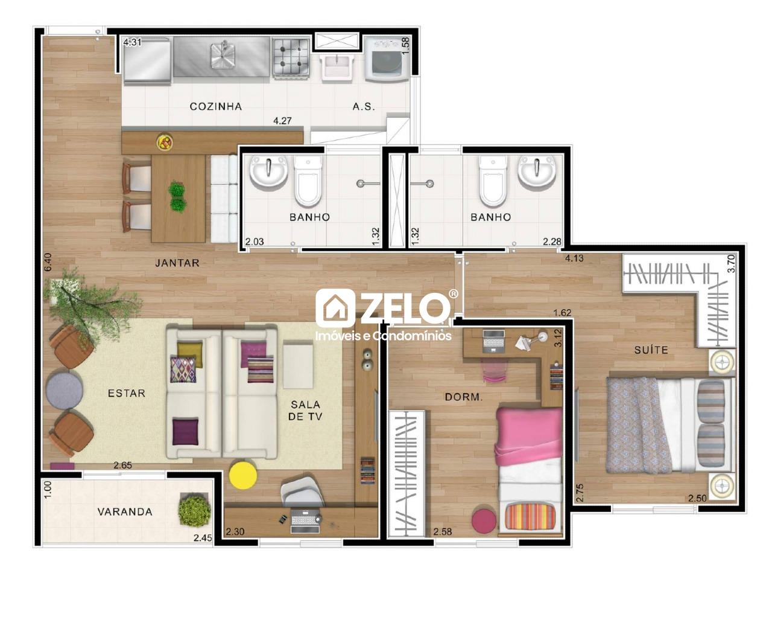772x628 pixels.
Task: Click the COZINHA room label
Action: tap(216, 106)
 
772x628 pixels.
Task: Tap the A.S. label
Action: tap(364, 106)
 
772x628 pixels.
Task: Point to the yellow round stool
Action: tap(243, 475)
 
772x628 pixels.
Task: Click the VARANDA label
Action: tap(125, 511)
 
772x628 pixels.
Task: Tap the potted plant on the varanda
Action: tap(194, 510)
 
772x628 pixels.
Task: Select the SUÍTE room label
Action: tap(651, 350)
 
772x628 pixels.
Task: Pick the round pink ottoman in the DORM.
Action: tap(483, 521)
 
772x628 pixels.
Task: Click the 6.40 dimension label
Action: tap(48, 261)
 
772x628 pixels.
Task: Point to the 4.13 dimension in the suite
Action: tap(574, 258)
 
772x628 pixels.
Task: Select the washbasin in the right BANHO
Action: tap(536, 172)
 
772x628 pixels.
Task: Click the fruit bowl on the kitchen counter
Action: tap(165, 143)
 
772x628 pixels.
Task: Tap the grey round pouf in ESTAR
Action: tap(65, 389)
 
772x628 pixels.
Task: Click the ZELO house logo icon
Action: tap(335, 309)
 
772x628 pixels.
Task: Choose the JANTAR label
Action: tap(177, 263)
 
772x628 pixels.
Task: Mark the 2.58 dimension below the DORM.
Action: tap(443, 532)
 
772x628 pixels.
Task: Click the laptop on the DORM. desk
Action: tap(493, 341)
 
